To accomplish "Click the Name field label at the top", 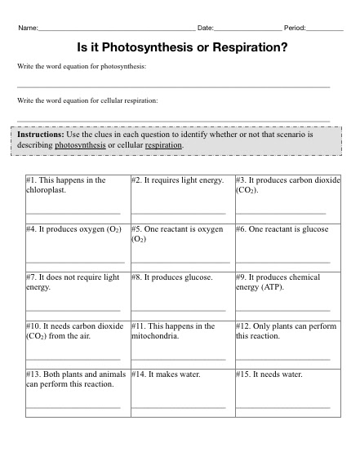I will pyautogui.click(x=28, y=29).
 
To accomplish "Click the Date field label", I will pyautogui.click(x=205, y=29).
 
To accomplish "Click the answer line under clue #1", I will pyautogui.click(x=73, y=213).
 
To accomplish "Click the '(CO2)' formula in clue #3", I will pyautogui.click(x=247, y=189).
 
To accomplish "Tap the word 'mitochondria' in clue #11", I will pyautogui.click(x=155, y=335).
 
